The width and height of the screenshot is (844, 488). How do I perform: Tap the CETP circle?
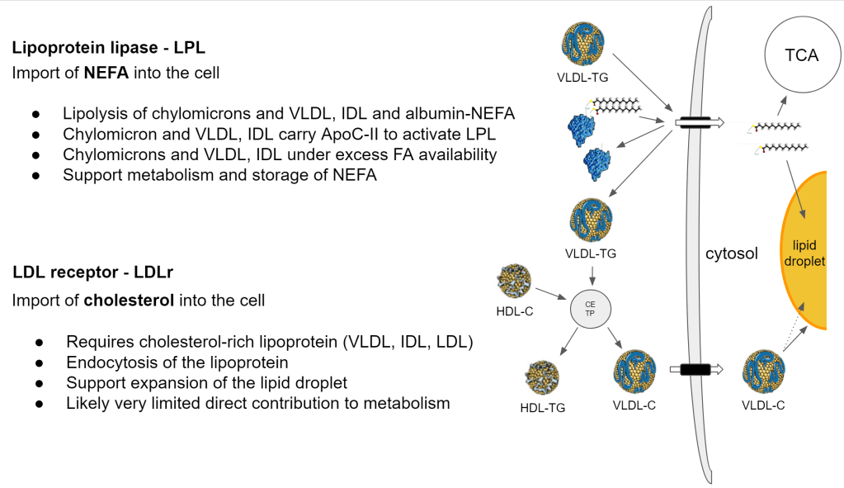click(590, 310)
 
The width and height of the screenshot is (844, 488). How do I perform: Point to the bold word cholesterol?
click(129, 300)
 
